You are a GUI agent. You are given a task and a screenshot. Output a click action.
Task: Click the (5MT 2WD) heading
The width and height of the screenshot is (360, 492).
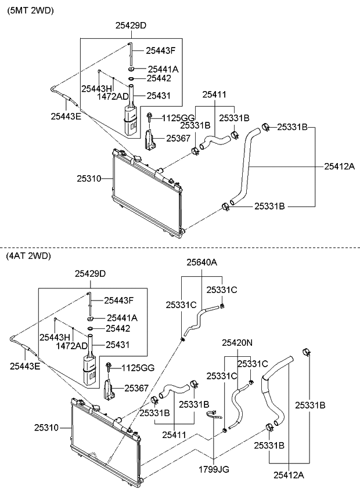[x=30, y=10]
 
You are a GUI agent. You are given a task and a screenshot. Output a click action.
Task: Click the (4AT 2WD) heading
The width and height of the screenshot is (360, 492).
[x=28, y=256]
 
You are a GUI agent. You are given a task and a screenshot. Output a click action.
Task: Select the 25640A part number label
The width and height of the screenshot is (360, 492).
[x=201, y=262]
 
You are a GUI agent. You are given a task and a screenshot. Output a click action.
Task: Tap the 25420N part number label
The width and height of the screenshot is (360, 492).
[x=237, y=343]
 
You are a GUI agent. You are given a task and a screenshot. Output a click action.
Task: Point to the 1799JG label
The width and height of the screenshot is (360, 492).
[x=214, y=469]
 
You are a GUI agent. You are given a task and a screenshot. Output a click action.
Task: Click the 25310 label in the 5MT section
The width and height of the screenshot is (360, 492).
[x=89, y=179]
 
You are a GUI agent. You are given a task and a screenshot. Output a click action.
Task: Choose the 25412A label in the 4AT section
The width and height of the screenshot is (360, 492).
[x=289, y=475]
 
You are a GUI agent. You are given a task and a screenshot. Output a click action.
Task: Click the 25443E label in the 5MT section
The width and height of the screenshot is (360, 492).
[x=66, y=117]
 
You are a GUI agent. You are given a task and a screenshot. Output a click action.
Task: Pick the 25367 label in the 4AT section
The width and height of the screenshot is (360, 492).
[x=136, y=388]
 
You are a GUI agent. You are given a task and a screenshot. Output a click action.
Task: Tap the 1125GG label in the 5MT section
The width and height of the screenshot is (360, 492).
[x=178, y=118]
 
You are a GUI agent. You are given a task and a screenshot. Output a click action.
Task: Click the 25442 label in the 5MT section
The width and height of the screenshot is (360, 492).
[x=159, y=78]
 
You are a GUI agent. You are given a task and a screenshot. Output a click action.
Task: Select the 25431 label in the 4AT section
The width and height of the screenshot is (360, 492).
[x=117, y=345]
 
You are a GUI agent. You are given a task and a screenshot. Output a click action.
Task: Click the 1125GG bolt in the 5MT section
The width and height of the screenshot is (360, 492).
[x=150, y=118]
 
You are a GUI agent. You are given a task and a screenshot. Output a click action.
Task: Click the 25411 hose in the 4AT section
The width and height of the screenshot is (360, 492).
[x=174, y=389]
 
